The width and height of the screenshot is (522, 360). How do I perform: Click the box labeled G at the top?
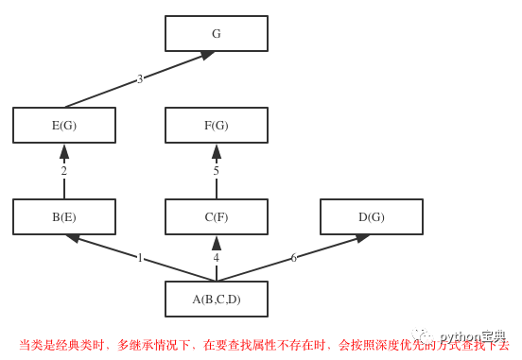216,33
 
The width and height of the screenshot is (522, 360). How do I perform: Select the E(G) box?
64,125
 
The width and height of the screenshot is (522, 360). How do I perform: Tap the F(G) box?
216,125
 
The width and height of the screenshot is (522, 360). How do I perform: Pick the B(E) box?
64,216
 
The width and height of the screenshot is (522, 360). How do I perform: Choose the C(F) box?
216,216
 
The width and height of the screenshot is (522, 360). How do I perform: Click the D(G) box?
371,216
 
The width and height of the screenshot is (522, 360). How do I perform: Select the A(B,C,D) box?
216,299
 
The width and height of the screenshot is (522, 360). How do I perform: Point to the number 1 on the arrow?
140,258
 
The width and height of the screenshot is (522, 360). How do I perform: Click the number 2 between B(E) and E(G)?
64,171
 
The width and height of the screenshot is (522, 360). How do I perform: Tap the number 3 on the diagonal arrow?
140,79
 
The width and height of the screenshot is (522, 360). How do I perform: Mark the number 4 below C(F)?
216,258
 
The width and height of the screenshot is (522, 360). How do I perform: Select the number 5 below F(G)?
216,171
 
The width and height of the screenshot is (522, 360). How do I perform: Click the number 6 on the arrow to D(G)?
293,258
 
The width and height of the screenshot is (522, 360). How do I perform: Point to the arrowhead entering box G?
207,56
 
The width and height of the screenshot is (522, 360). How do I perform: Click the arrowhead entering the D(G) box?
362,238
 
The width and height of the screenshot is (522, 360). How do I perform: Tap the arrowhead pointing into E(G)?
64,151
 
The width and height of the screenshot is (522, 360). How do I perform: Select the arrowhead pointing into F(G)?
216,151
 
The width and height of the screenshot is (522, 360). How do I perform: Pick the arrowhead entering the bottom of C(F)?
216,243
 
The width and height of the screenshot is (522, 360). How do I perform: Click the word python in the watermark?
460,336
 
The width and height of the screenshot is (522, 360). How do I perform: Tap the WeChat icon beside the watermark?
423,335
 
